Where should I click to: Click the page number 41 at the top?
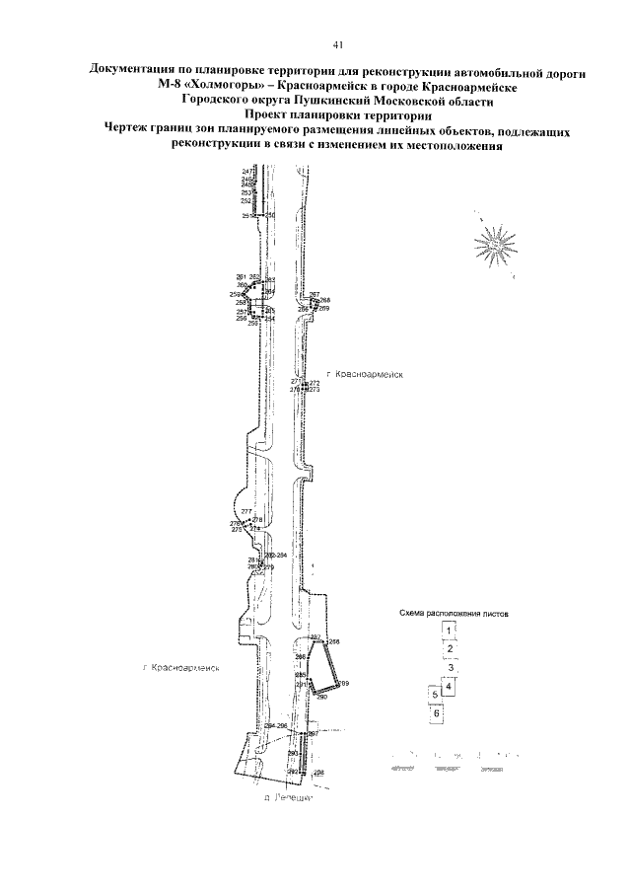pos(337,44)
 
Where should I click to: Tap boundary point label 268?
pos(325,300)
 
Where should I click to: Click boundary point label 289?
pos(345,684)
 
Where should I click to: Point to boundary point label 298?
pos(318,771)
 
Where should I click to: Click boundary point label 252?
pos(246,201)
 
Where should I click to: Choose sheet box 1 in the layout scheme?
pos(449,630)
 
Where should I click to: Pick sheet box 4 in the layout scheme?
pos(449,686)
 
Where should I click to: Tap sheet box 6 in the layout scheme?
pos(437,712)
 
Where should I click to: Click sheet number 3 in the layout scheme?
pos(449,667)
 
